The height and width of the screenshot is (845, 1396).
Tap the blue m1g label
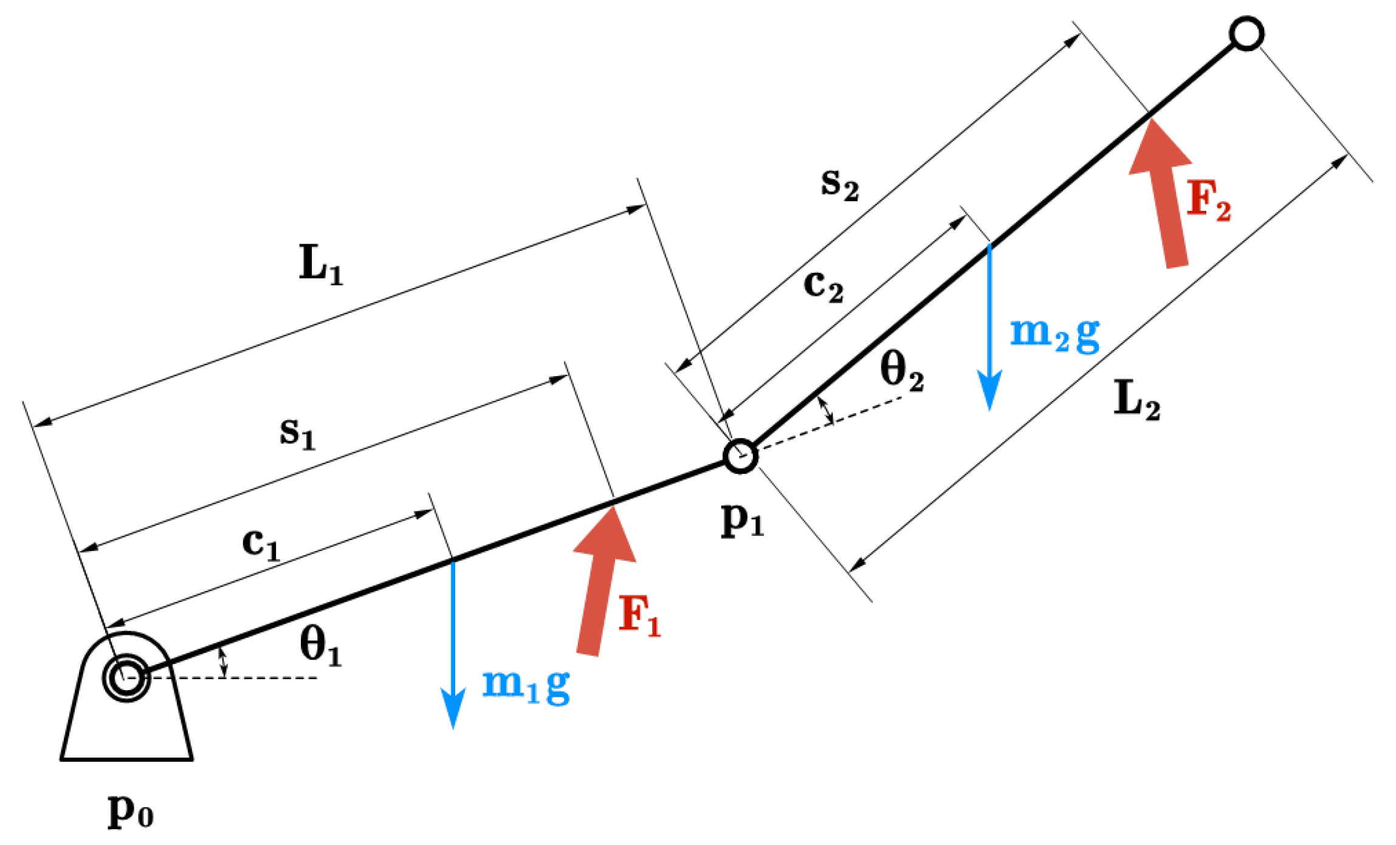526,685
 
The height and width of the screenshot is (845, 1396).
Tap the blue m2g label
1054,334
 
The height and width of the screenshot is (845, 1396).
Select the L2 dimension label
1137,400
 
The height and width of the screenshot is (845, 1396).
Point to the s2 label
840,185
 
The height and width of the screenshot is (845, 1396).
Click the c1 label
261,544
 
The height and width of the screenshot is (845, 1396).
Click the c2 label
824,286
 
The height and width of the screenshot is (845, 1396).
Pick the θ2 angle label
902,372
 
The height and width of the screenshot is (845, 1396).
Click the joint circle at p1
741,456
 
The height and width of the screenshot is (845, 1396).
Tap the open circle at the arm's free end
1246,34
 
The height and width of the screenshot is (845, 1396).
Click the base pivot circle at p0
126,678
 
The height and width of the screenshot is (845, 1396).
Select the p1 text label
742,521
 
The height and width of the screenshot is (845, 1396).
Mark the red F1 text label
639,616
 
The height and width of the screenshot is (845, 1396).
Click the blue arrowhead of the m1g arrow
453,708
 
